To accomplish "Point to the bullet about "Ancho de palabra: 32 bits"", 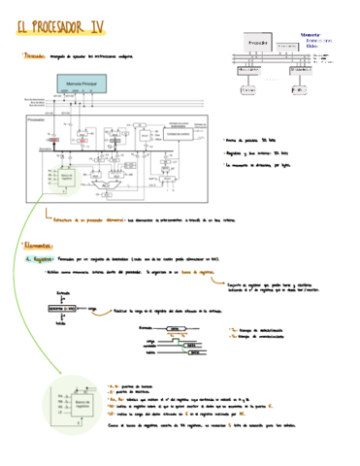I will click(262, 140).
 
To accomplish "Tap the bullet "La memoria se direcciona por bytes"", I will click(270, 166).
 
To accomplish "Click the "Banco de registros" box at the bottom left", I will click(72, 404).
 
